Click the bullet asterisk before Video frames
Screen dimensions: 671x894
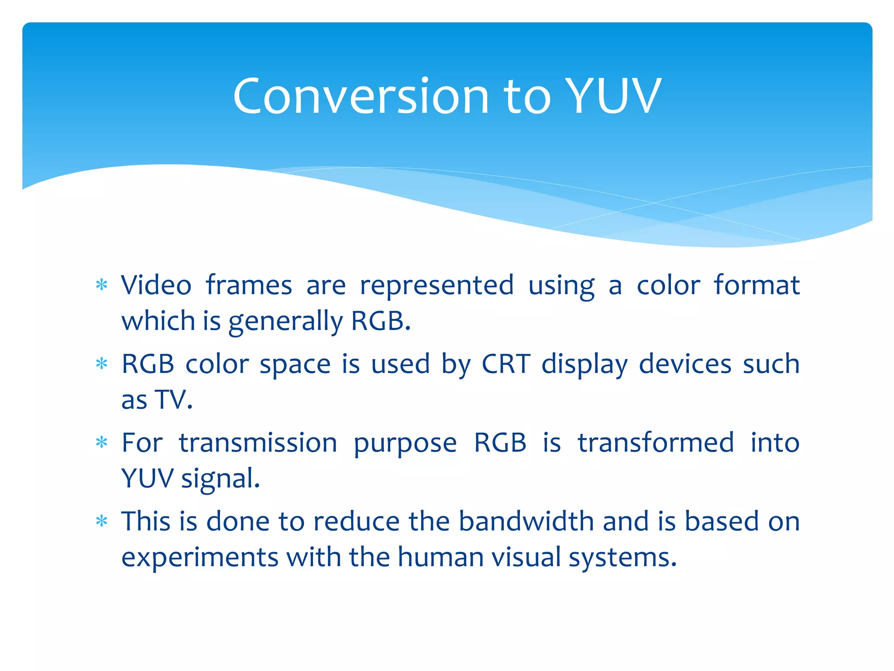pos(102,285)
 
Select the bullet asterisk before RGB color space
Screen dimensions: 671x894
pos(102,363)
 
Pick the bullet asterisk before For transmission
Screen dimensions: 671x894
pos(102,443)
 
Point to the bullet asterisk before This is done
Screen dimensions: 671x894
pos(102,521)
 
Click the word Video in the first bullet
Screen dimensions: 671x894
pos(156,285)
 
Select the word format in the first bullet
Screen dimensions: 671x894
pos(756,285)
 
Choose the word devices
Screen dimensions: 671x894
pos(685,363)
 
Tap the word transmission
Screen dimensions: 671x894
pos(258,443)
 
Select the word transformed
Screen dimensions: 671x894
pos(656,443)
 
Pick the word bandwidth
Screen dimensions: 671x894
pos(526,521)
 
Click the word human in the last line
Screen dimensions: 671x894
pos(440,557)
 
